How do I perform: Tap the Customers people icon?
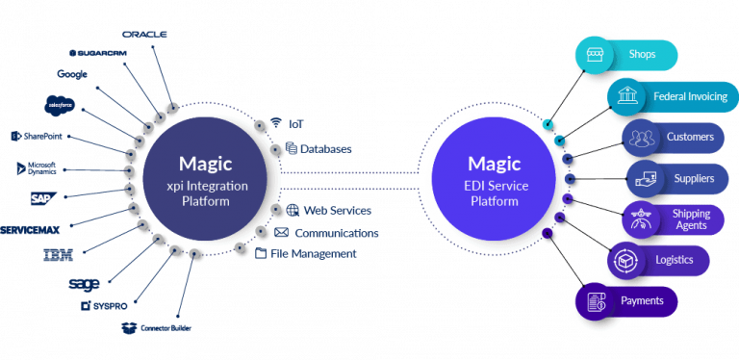[641, 138]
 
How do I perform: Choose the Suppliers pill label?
[694, 178]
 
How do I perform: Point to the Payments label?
[642, 301]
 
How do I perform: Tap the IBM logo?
[59, 255]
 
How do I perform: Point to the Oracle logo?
[145, 34]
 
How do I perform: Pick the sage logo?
[84, 284]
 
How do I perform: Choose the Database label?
[326, 149]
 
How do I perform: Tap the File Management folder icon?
[261, 253]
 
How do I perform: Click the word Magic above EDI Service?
[494, 163]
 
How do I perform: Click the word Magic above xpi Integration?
[205, 164]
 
